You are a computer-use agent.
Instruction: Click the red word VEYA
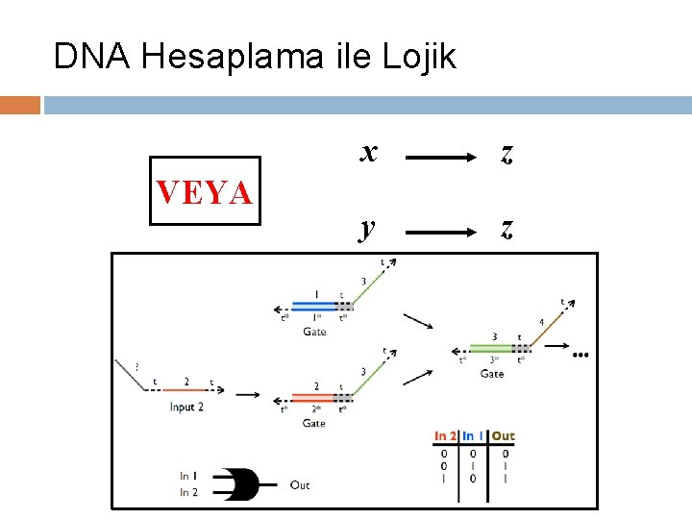[x=205, y=192]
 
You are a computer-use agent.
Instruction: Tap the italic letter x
[x=368, y=151]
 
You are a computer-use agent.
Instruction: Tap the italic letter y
[x=366, y=228]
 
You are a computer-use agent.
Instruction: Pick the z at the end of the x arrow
[x=507, y=153]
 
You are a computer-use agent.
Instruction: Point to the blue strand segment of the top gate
[x=313, y=306]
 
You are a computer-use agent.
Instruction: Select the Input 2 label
[x=186, y=408]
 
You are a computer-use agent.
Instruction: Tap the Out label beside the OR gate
[x=300, y=485]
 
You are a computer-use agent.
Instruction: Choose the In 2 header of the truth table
[x=445, y=436]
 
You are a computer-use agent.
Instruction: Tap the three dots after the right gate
[x=580, y=355]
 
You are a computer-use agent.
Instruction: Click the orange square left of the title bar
[x=20, y=104]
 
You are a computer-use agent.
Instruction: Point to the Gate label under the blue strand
[x=314, y=332]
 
